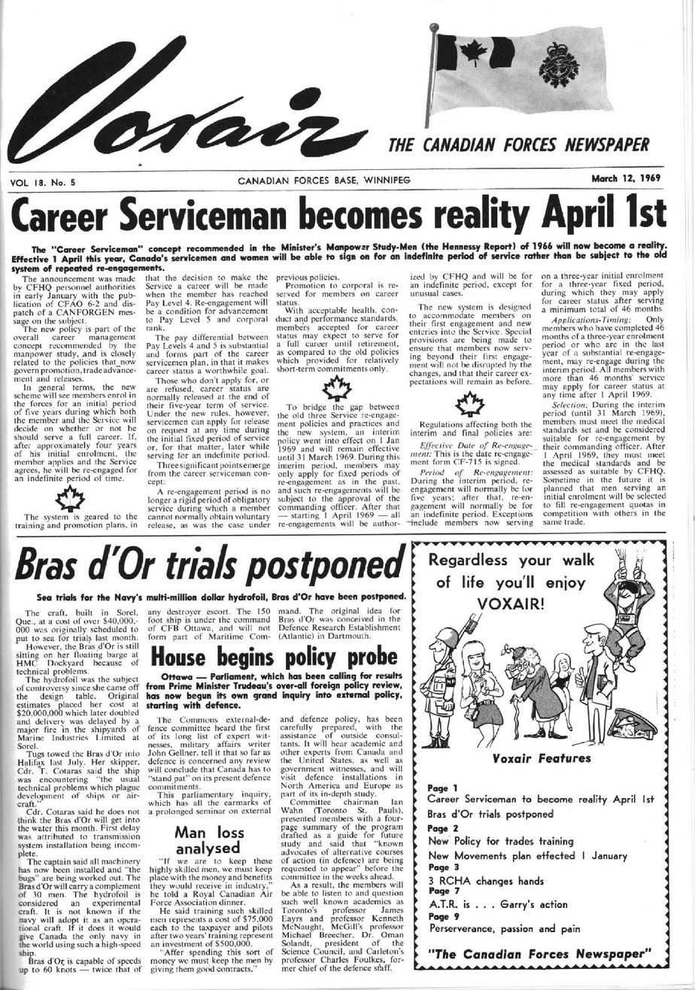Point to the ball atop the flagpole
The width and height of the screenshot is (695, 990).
pyautogui.click(x=433, y=29)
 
